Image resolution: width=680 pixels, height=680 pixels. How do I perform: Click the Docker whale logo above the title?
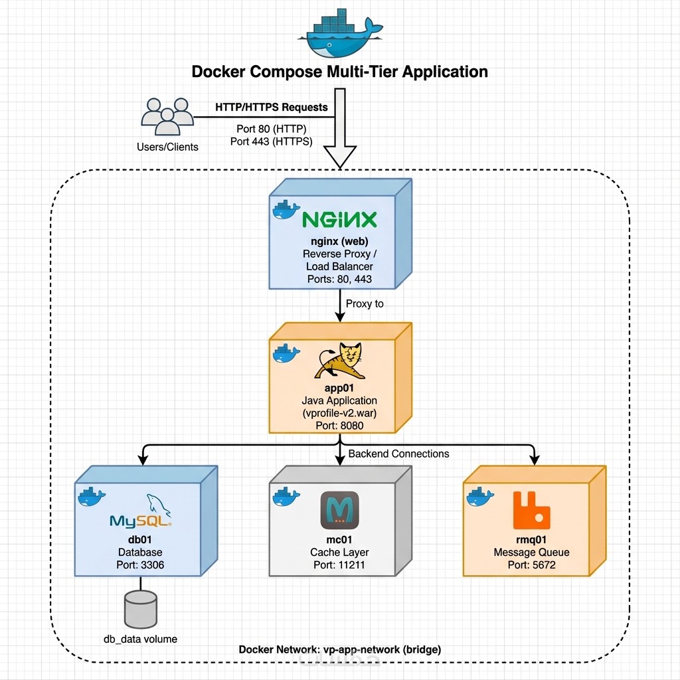click(339, 33)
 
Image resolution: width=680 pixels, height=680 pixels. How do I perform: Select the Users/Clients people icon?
click(167, 118)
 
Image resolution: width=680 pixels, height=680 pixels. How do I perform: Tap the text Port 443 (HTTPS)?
click(271, 141)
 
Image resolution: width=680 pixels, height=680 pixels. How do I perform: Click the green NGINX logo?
click(339, 220)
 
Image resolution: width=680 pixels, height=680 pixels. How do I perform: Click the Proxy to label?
click(365, 303)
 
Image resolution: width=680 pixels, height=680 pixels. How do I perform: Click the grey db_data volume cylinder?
click(141, 609)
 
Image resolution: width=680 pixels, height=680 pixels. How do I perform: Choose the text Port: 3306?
click(140, 566)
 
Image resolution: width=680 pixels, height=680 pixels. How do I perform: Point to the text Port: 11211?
click(339, 566)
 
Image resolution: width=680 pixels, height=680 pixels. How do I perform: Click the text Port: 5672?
click(531, 566)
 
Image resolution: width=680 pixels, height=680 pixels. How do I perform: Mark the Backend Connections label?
click(398, 454)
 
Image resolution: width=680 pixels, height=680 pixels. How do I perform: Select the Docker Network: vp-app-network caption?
click(339, 649)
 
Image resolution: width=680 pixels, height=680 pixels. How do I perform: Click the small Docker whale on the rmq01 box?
click(479, 496)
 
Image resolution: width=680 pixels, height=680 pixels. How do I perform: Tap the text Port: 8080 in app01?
click(339, 425)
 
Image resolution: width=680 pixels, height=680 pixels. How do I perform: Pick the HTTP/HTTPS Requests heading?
click(271, 107)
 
